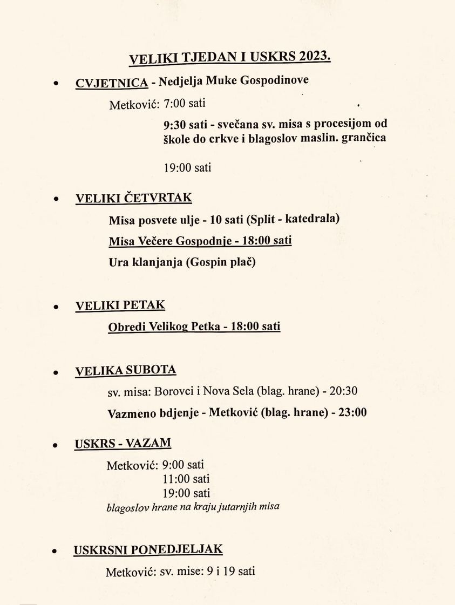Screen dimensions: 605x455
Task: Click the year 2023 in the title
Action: [314, 57]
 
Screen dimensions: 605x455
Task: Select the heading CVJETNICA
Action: [112, 83]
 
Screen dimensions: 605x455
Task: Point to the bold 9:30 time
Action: [174, 124]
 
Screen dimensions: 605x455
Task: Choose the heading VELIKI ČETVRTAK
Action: [133, 198]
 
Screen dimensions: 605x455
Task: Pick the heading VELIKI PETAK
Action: [120, 305]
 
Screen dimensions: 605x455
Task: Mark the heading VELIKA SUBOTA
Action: [125, 370]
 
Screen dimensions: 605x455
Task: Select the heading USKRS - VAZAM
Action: [123, 444]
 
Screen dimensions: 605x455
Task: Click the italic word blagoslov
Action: [127, 507]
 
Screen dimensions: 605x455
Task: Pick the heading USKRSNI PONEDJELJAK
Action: [148, 550]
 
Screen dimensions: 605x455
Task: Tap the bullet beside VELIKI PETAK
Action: [55, 307]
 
